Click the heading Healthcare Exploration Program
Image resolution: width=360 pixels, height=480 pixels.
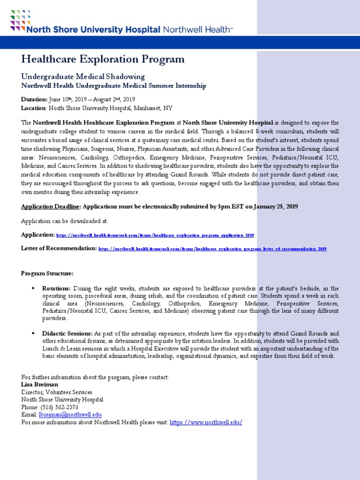(x=103, y=59)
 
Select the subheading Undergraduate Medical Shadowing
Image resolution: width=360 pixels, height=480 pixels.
(x=83, y=76)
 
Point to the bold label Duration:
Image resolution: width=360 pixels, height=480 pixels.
(x=34, y=99)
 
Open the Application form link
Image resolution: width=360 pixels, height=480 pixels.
(x=155, y=235)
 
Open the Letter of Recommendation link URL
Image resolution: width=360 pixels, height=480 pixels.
(x=212, y=248)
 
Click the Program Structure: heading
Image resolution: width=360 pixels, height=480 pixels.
(x=47, y=273)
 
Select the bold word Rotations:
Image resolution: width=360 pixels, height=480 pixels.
(x=56, y=288)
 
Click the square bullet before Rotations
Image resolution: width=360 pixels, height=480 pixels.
(x=33, y=288)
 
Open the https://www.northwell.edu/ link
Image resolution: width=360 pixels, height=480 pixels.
(x=206, y=422)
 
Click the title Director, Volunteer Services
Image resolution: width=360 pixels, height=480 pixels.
(x=57, y=392)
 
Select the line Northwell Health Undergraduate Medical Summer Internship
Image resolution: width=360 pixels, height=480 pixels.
(x=113, y=86)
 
